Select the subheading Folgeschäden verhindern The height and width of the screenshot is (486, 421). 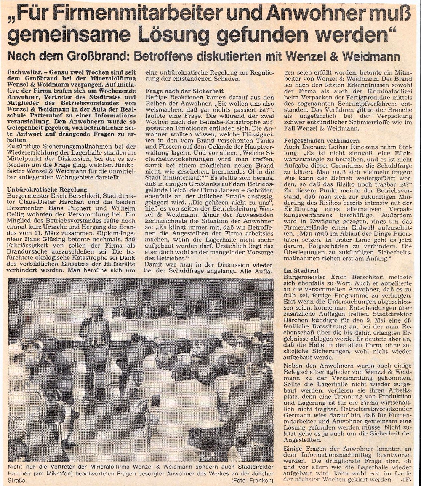322,140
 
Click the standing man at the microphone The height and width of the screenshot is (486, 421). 95,350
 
